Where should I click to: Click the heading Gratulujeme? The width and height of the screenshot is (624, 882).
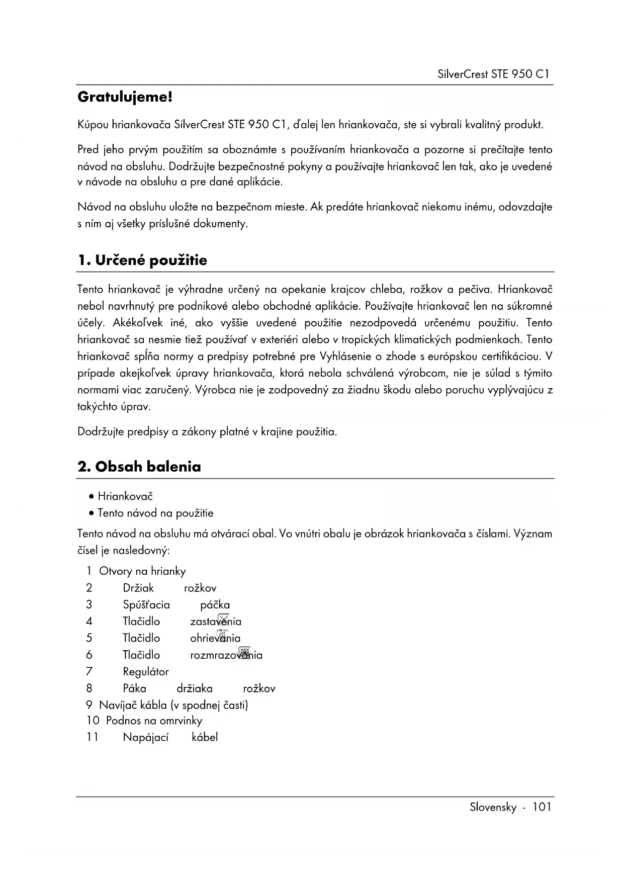pyautogui.click(x=125, y=97)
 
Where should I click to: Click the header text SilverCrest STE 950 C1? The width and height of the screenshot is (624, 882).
pyautogui.click(x=493, y=74)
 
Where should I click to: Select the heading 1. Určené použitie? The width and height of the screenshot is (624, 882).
pyautogui.click(x=142, y=260)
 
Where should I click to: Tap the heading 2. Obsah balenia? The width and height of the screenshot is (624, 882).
pyautogui.click(x=139, y=467)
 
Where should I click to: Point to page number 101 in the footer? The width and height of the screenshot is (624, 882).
pyautogui.click(x=542, y=807)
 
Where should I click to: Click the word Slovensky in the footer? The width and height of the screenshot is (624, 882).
pyautogui.click(x=493, y=807)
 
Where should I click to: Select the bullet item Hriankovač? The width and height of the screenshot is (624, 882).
pyautogui.click(x=125, y=496)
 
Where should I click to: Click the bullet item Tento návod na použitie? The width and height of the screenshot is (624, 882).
pyautogui.click(x=155, y=513)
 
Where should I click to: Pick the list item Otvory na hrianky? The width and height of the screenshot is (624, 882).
pyautogui.click(x=142, y=571)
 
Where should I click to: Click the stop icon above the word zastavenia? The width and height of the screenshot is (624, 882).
pyautogui.click(x=224, y=618)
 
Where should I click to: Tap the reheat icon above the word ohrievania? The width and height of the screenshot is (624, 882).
pyautogui.click(x=223, y=635)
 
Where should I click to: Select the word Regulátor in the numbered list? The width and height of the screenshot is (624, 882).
pyautogui.click(x=146, y=671)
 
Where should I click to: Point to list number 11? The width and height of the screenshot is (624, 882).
pyautogui.click(x=92, y=737)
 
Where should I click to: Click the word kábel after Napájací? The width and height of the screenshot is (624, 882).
pyautogui.click(x=205, y=737)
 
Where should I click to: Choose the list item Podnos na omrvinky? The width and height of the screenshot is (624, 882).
pyautogui.click(x=154, y=721)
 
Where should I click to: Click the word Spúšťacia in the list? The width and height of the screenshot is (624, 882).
pyautogui.click(x=146, y=604)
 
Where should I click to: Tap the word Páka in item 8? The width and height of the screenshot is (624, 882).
pyautogui.click(x=134, y=688)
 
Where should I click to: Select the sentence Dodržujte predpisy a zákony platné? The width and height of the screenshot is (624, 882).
pyautogui.click(x=207, y=431)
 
